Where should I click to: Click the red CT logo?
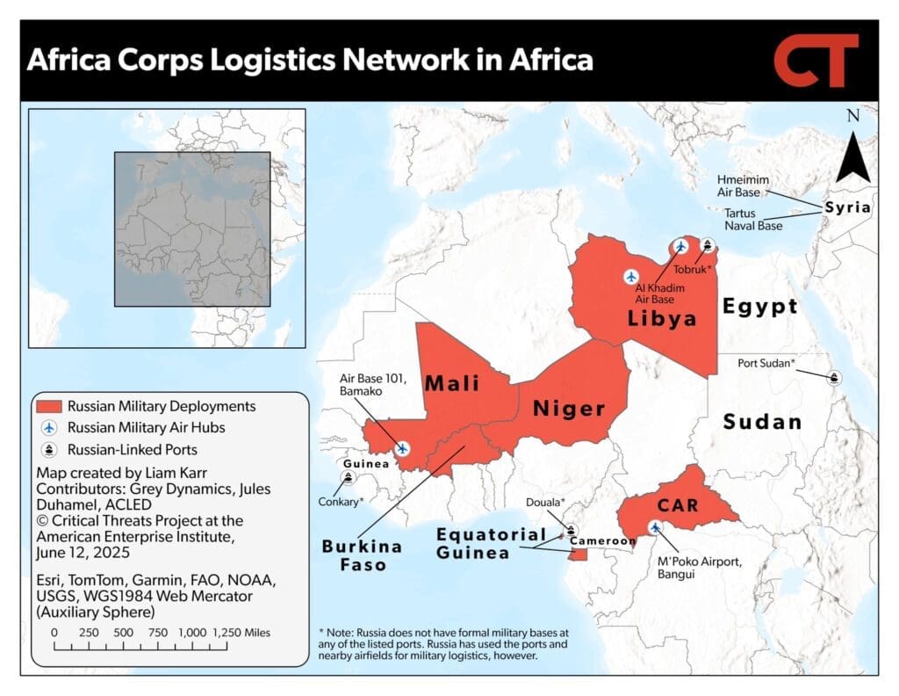816,61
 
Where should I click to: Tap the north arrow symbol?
852,158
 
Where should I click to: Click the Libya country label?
662,318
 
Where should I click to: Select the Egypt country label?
759,306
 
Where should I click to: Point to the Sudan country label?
762,422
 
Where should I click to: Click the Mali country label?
452,383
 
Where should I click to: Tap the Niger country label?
569,409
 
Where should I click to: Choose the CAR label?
677,506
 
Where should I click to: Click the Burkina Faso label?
362,555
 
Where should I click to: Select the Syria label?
847,208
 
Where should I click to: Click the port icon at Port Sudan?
833,377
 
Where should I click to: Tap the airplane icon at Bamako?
402,448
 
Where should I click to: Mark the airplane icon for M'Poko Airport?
655,527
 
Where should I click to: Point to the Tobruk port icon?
708,245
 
